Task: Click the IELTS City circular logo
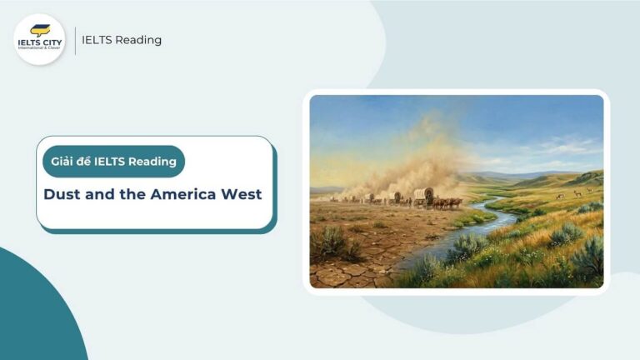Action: tap(40, 39)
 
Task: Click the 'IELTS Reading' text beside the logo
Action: tap(122, 40)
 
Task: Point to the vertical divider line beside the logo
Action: tap(75, 40)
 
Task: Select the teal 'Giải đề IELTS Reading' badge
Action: tap(113, 162)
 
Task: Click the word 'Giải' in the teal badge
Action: tap(63, 162)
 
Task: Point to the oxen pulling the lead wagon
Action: tap(448, 202)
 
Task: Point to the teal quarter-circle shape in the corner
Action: tap(33, 317)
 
